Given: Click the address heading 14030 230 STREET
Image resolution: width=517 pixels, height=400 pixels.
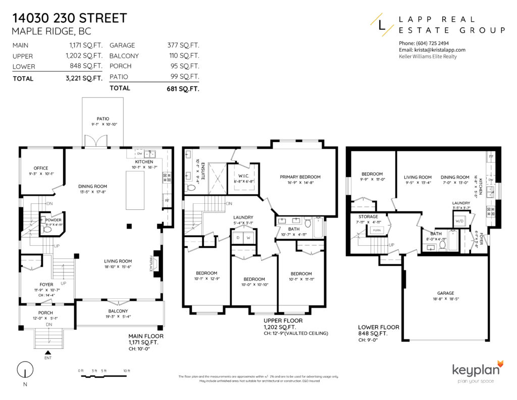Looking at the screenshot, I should tap(69, 19).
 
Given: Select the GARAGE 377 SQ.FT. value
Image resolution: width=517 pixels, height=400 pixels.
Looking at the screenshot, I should tap(183, 45).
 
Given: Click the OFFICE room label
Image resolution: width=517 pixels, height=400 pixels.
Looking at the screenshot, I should tap(41, 168).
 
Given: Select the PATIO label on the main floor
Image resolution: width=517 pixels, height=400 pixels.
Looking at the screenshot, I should tap(103, 119).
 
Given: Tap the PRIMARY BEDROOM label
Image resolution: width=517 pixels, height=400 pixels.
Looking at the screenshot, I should tap(300, 177).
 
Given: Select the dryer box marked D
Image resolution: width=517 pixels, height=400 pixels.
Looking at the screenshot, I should tap(238, 237).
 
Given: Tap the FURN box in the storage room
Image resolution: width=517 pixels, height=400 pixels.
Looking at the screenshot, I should tap(376, 230).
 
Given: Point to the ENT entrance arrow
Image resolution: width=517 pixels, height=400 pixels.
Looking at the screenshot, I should tap(48, 352).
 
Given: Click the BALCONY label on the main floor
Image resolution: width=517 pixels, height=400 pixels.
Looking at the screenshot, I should tap(118, 311).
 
